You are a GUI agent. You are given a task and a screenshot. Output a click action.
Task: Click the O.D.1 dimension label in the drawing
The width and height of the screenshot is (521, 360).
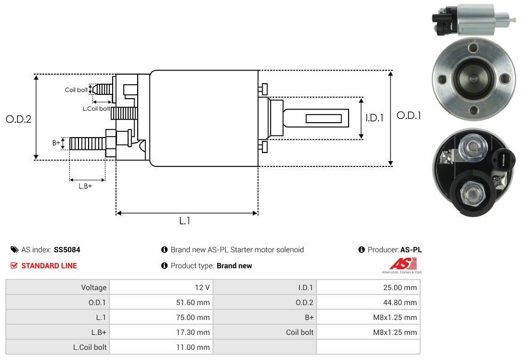409,115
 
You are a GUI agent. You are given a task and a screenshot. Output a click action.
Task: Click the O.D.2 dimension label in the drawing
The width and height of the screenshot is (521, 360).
19,119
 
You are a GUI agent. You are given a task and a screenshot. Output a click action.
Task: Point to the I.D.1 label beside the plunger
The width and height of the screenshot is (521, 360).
374,118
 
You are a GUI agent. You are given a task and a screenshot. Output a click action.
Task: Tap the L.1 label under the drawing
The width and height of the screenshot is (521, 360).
185,221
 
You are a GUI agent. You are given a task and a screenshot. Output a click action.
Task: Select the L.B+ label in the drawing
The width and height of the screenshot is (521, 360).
85,186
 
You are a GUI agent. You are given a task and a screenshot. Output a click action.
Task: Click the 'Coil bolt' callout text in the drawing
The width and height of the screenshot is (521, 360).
76,90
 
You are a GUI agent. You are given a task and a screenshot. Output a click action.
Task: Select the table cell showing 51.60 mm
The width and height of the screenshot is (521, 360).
161,302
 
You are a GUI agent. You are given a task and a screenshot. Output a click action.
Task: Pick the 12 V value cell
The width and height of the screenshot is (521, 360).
161,287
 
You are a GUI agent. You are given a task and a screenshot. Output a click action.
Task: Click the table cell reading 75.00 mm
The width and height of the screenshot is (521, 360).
161,317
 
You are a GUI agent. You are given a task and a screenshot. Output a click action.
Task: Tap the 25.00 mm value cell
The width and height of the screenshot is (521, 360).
368,287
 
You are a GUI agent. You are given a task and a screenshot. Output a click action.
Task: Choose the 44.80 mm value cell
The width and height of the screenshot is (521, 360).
368,302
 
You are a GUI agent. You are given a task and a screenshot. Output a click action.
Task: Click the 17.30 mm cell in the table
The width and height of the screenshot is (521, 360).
161,332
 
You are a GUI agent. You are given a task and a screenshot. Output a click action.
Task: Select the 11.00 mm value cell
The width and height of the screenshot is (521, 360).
161,347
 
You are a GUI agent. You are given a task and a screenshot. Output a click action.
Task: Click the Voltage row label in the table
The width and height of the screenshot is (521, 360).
58,287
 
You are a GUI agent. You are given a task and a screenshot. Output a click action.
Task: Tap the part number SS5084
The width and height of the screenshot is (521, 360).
67,250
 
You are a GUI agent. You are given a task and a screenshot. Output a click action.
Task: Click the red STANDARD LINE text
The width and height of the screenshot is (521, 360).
49,266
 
